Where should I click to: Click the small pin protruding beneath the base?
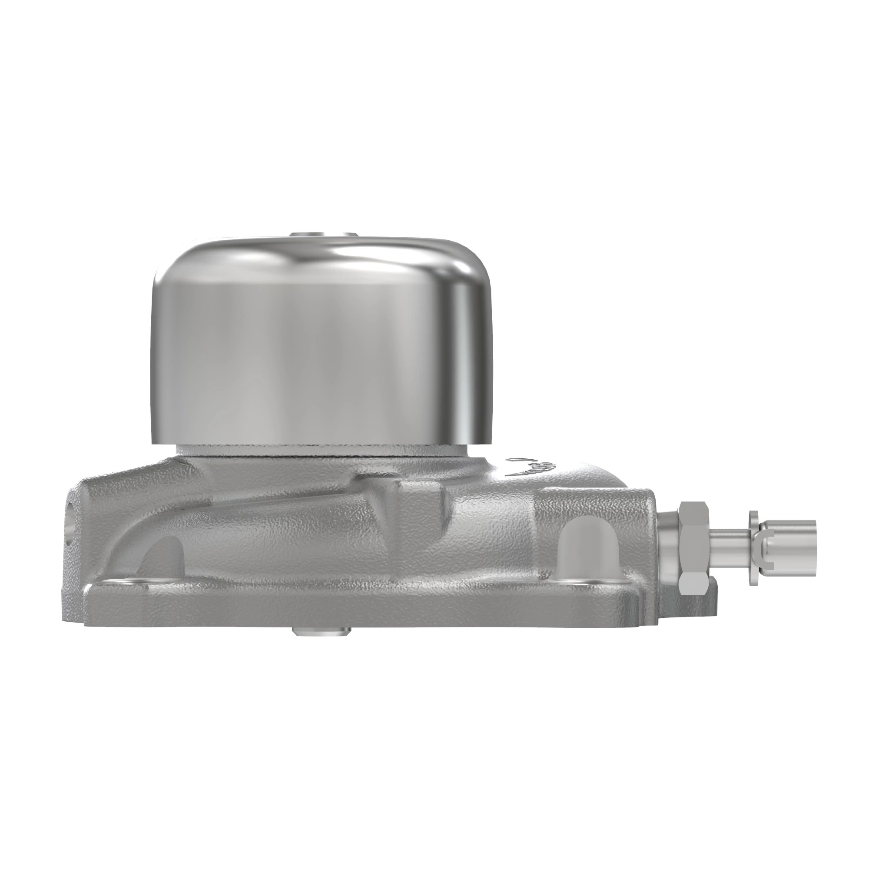pos(322,632)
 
